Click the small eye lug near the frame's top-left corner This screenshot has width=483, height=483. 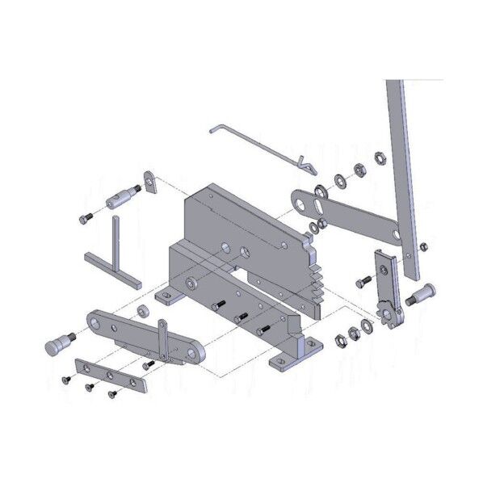point(151,181)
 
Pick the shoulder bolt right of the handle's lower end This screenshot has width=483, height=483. point(422,293)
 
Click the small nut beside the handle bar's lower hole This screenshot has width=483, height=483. point(425,247)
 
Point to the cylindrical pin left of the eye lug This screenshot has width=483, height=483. point(120,197)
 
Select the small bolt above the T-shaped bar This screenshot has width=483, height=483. point(87,218)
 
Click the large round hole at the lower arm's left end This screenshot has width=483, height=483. point(97,324)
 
